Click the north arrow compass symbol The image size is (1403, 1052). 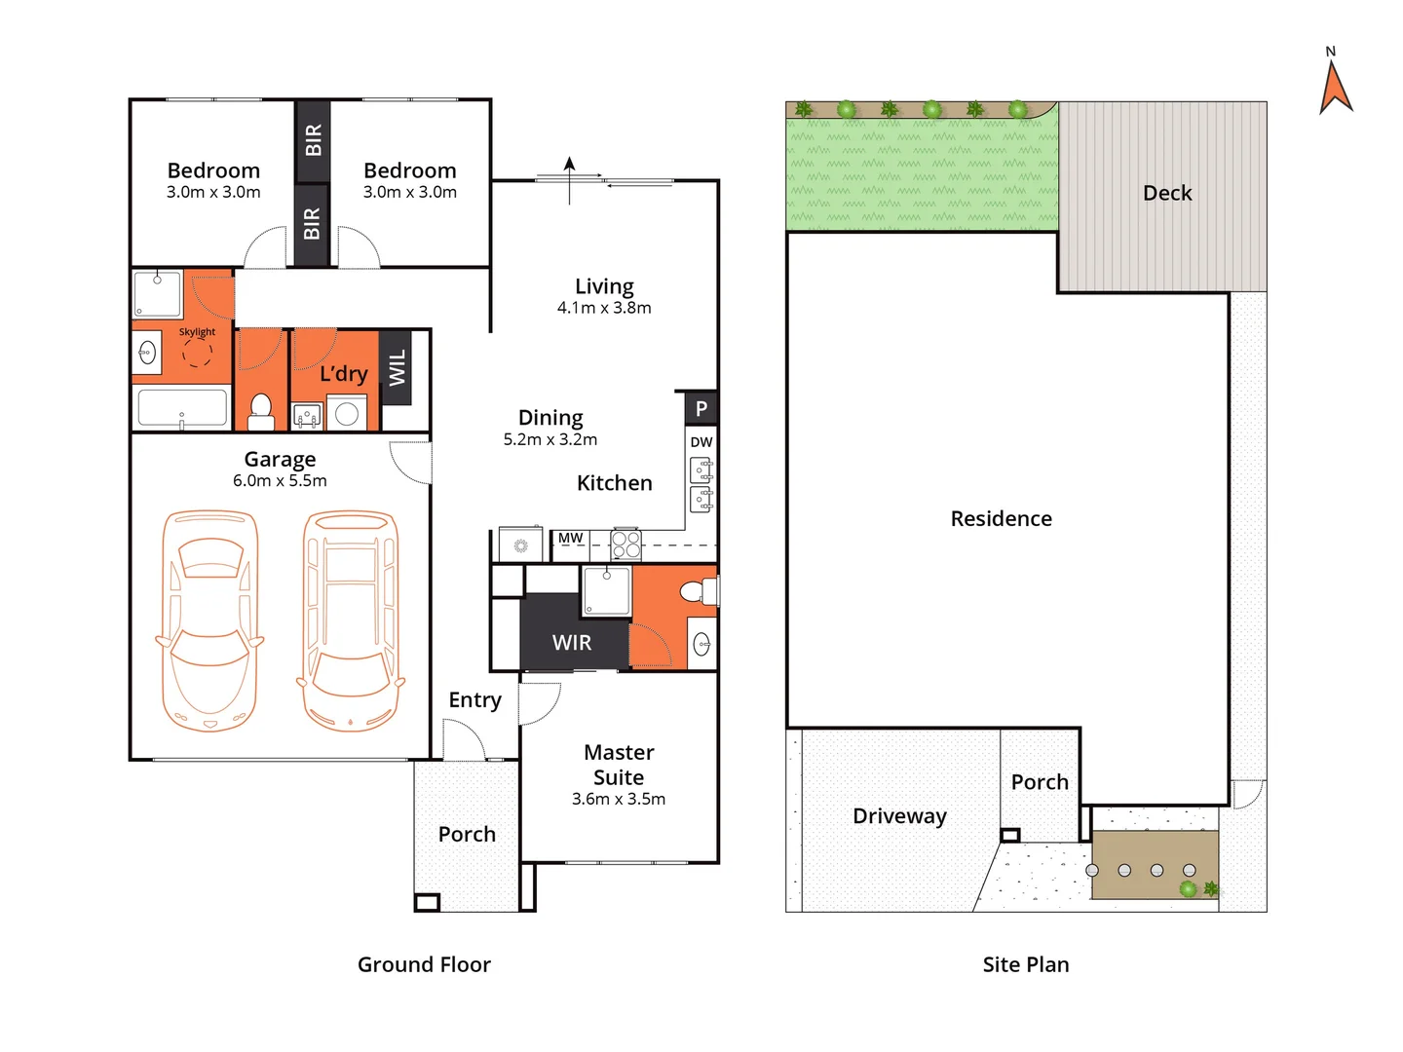1335,86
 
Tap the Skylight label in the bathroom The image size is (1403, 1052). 197,332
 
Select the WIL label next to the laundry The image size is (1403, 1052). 397,368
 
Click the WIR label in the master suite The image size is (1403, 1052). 572,643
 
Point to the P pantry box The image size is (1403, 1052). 701,409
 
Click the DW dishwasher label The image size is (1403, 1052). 701,442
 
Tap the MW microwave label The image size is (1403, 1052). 570,539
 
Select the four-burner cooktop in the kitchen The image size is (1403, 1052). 626,545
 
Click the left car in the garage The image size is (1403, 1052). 209,620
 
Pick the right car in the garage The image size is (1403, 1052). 351,620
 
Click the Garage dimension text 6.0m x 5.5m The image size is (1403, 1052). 280,481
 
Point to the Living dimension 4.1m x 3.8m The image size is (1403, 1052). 604,308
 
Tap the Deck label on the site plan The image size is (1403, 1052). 1167,193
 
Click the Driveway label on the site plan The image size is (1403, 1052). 899,816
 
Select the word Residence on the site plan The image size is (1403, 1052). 1001,519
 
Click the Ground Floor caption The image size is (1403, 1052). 424,964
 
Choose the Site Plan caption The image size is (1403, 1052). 1025,964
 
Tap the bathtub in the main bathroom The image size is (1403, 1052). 182,407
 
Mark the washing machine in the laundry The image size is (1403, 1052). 347,414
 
